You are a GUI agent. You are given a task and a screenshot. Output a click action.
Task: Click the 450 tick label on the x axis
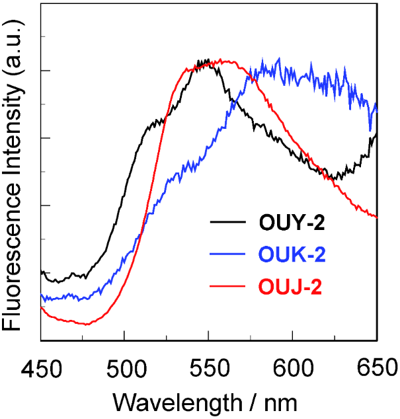[41, 366]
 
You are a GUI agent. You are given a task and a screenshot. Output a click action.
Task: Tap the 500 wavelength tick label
[124, 366]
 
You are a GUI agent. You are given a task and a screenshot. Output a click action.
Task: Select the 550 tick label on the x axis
[208, 366]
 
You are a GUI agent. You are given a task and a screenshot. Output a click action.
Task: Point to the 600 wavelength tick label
[292, 366]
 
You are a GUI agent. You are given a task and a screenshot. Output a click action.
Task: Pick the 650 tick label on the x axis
[376, 366]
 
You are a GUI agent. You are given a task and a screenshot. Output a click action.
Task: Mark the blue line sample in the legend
[228, 254]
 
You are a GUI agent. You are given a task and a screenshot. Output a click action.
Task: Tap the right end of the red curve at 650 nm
[376, 216]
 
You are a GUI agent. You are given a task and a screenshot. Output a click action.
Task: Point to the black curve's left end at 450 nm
[42, 272]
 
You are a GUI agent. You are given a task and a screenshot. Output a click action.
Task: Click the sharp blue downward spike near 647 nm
[370, 130]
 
